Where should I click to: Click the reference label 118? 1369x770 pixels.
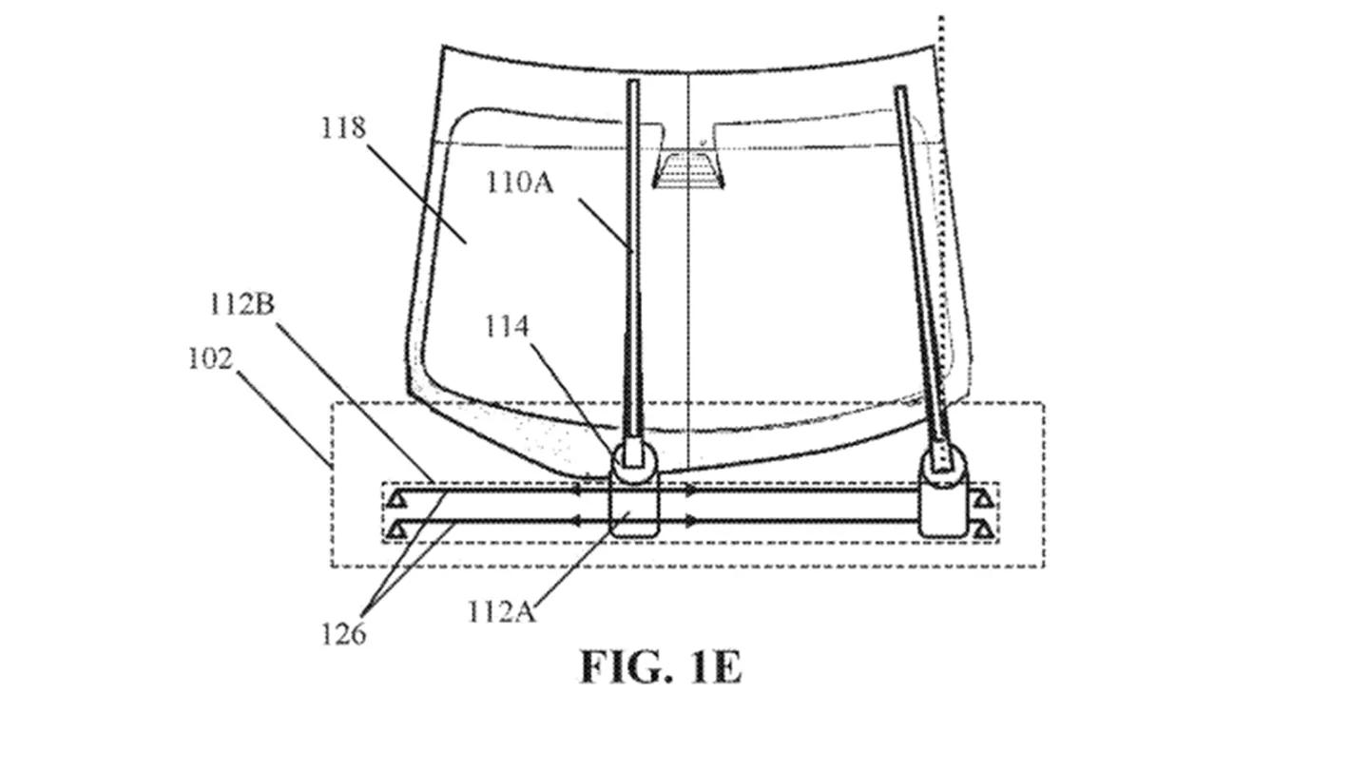343,128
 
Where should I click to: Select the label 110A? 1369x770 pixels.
519,183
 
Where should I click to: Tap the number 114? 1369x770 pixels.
507,326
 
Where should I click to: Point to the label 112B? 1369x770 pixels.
242,304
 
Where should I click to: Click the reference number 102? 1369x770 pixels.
210,358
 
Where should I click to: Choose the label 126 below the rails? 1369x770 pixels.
343,634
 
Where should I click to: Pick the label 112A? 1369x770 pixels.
502,611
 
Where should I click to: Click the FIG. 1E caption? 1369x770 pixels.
662,666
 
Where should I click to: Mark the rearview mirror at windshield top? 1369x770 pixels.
688,170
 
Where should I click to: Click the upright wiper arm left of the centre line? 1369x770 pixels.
634,269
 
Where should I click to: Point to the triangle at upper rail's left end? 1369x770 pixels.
397,500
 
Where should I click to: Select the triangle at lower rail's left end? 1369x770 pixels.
397,531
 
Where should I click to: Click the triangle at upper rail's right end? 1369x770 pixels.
983,500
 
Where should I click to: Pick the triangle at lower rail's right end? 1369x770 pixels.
983,531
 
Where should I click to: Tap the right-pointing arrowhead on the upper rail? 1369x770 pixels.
690,491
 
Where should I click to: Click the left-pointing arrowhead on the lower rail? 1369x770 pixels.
575,521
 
